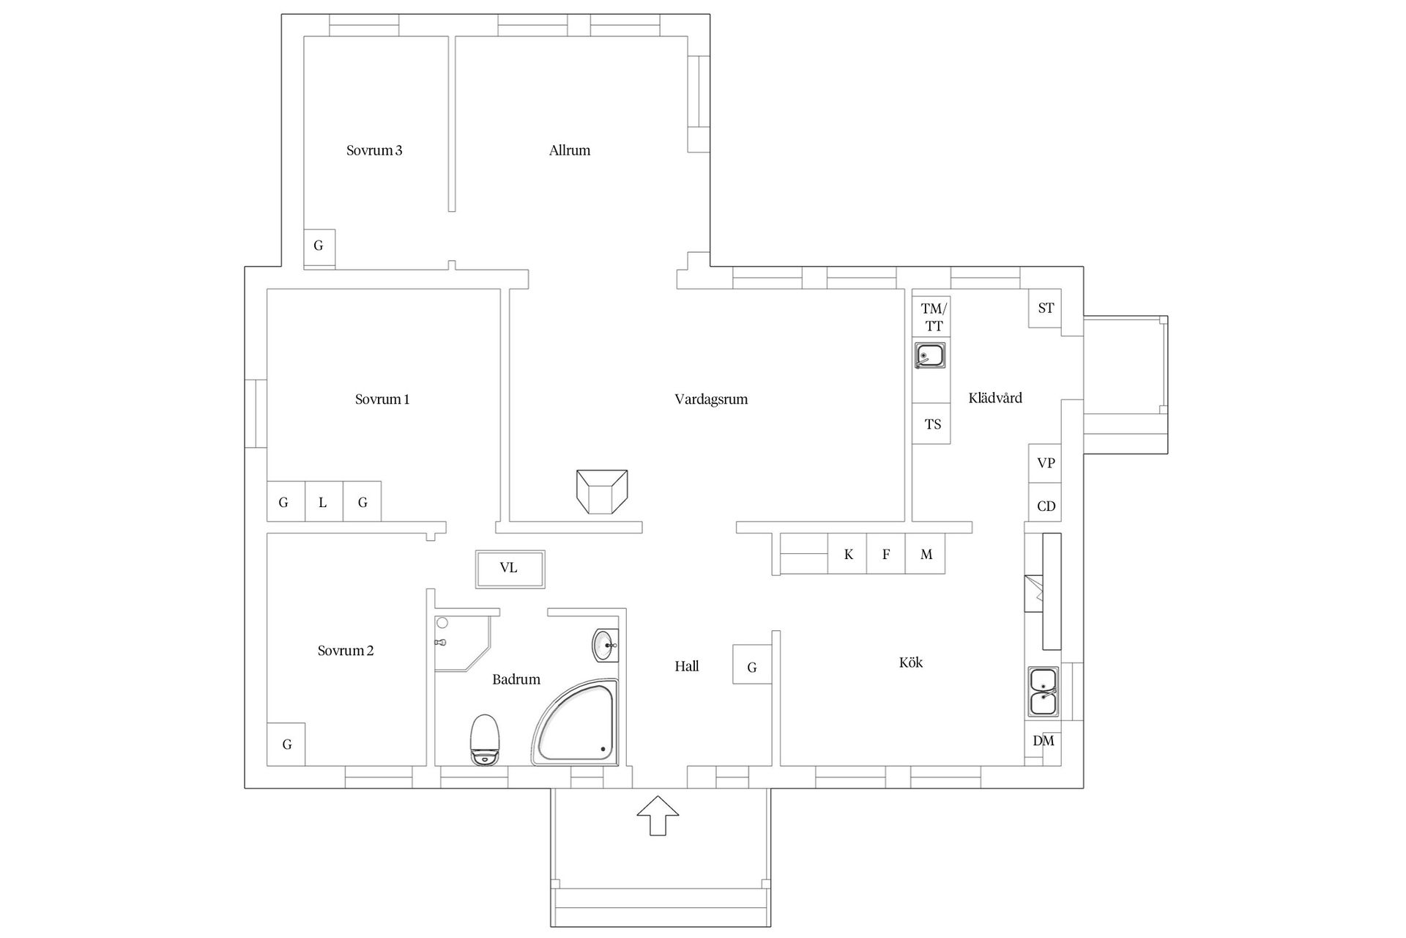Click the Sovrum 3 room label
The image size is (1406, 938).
374,150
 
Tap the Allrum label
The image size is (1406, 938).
570,150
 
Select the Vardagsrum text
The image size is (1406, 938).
711,399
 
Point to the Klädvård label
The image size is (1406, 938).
995,398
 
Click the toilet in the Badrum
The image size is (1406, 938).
485,739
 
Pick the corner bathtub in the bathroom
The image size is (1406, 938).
576,722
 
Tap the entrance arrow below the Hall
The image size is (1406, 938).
658,815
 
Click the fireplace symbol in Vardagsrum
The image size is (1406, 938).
602,492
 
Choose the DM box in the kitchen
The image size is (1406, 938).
1043,741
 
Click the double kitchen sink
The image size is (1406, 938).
1044,692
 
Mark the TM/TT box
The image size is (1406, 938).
931,317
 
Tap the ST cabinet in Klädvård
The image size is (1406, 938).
1045,309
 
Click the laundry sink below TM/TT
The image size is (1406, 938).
930,355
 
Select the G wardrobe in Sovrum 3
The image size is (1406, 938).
319,246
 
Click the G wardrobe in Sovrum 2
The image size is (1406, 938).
286,745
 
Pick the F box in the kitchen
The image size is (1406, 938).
886,553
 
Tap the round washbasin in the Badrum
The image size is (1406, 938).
606,646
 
